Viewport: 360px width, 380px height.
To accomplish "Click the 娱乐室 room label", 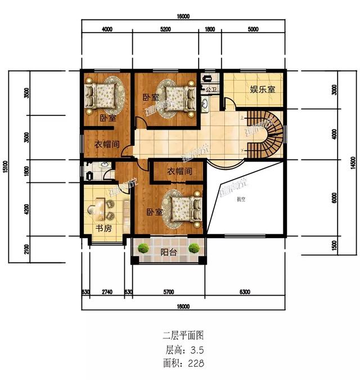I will click(x=262, y=90).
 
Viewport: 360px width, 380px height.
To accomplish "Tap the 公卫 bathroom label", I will click(x=211, y=90).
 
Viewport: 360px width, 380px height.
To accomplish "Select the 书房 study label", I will click(x=102, y=229).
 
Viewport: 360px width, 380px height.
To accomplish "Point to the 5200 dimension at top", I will click(x=165, y=30).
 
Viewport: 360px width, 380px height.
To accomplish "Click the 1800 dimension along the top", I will click(x=209, y=30).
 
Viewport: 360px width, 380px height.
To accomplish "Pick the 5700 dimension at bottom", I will click(x=168, y=292).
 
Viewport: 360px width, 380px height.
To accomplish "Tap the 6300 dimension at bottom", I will click(x=245, y=292).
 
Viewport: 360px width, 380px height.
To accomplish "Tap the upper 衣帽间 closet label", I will click(x=106, y=144).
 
